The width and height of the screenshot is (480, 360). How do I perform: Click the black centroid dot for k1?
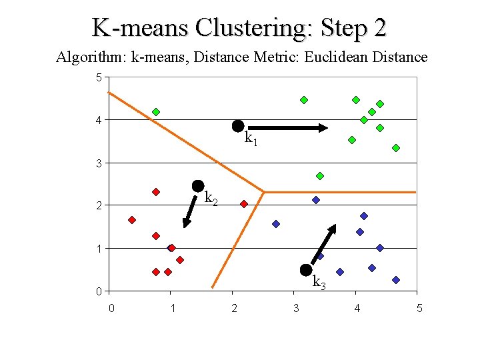click(237, 126)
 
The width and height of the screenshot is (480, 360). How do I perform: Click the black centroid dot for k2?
click(197, 185)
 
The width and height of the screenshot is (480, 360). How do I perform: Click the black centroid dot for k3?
click(306, 269)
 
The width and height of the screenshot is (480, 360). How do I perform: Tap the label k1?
click(251, 139)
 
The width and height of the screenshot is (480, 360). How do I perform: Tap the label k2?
click(211, 198)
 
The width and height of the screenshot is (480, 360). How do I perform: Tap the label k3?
click(319, 282)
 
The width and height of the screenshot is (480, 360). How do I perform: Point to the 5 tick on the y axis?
click(99, 78)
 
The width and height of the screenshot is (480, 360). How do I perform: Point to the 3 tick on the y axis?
click(99, 163)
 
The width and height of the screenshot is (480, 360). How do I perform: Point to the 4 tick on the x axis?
click(357, 308)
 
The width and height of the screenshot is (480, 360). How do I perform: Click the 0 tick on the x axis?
click(111, 308)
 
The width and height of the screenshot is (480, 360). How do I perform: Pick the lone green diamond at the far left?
click(156, 112)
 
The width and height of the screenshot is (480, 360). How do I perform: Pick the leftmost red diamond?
click(132, 220)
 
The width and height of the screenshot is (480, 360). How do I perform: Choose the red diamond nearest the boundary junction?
click(244, 204)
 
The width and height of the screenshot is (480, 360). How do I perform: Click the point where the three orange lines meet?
click(264, 192)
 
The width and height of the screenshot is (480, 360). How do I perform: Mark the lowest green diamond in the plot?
click(320, 176)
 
